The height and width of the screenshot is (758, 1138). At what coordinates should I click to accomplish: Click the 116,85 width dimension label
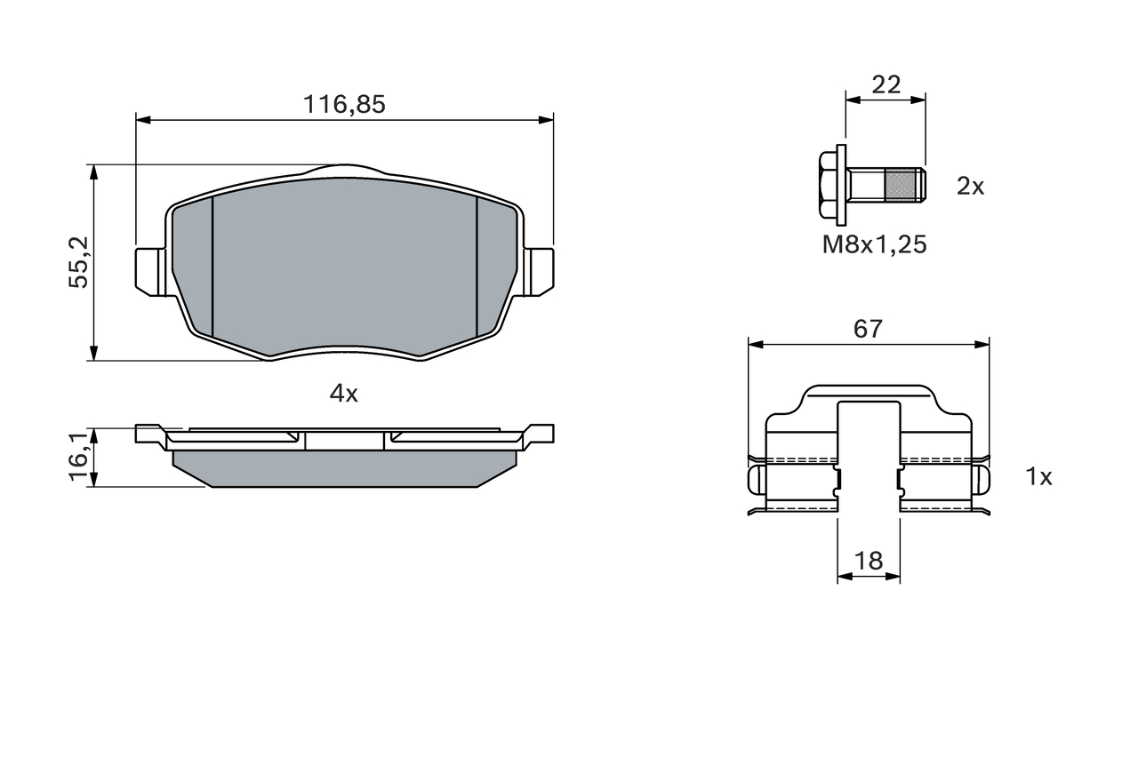[x=344, y=105]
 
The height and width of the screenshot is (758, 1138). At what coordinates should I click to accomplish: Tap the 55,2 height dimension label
[x=79, y=262]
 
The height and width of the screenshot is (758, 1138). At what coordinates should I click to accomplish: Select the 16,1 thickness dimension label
[x=79, y=457]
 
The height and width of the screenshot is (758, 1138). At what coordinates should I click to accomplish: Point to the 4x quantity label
[x=344, y=394]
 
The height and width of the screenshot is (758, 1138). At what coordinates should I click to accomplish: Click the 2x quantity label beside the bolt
[x=970, y=187]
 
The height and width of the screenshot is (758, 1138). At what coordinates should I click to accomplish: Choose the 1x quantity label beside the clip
[x=1039, y=476]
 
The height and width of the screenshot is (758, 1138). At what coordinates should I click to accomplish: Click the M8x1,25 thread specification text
[x=875, y=244]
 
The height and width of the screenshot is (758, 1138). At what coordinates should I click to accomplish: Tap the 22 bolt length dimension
[x=886, y=84]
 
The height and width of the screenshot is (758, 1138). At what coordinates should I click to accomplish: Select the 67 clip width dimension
[x=869, y=329]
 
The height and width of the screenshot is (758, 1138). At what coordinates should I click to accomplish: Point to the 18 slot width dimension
[x=869, y=561]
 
